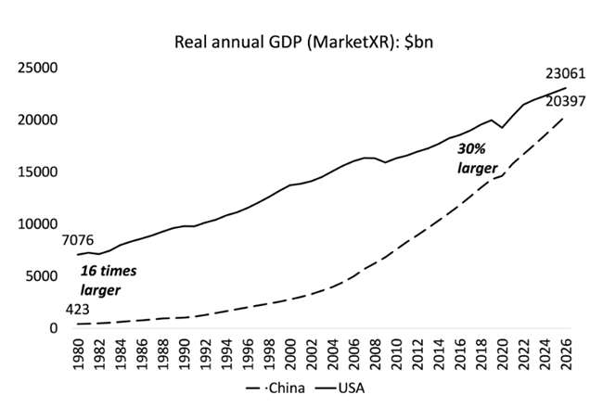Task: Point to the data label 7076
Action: click(78, 240)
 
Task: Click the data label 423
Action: click(78, 310)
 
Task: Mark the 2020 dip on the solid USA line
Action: click(502, 127)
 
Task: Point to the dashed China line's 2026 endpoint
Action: click(565, 116)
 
